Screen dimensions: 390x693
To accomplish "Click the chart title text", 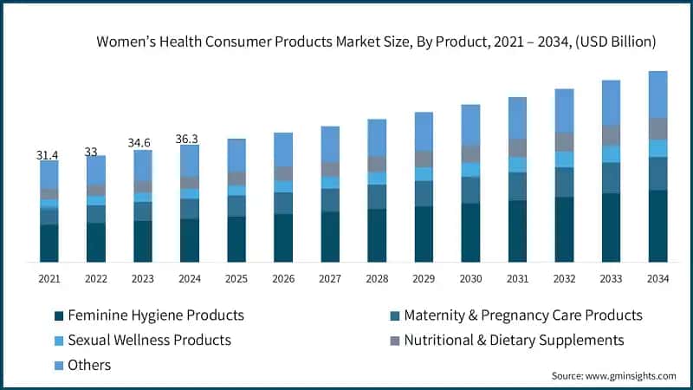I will [376, 42].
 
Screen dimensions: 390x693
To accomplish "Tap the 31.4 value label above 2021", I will [49, 155].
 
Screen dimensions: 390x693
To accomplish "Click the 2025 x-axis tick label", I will [236, 279].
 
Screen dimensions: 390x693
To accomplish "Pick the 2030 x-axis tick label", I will [470, 279].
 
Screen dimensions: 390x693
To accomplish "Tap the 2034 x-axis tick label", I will [657, 279].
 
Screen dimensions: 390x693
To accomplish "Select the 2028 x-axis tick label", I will [377, 279].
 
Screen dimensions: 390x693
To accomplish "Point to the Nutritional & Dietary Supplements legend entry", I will [514, 340].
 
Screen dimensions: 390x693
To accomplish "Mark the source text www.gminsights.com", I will [613, 376].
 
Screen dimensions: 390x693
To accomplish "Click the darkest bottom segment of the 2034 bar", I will [657, 225].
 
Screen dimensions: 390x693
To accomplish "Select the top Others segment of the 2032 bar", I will [564, 110].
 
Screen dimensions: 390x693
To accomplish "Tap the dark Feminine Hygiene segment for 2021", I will [49, 243].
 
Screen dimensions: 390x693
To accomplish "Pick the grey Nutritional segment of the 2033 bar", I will [611, 135].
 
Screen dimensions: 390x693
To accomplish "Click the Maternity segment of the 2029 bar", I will [424, 193].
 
